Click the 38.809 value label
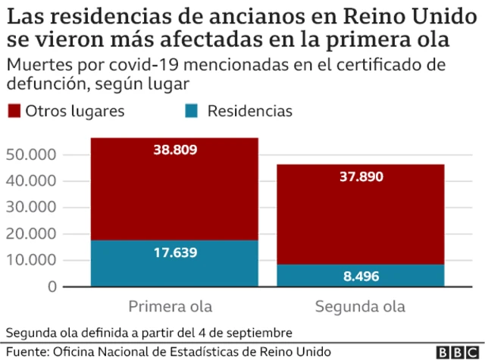coord(174,150)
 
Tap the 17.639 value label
coord(174,254)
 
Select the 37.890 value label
coord(361,177)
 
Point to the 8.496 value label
coord(361,277)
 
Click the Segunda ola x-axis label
coord(361,307)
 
